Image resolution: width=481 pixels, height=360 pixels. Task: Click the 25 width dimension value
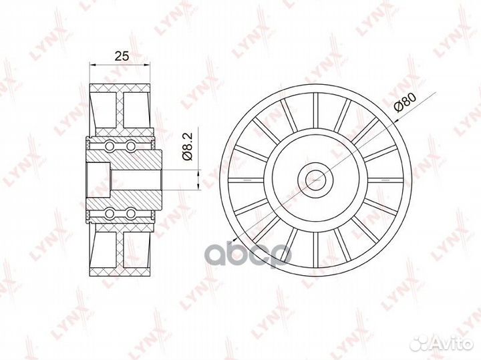(121, 55)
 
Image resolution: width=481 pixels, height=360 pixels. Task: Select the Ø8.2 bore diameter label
(188, 146)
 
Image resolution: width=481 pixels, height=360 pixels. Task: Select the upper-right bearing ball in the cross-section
(131, 145)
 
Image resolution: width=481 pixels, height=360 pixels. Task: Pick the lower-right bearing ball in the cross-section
(131, 213)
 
